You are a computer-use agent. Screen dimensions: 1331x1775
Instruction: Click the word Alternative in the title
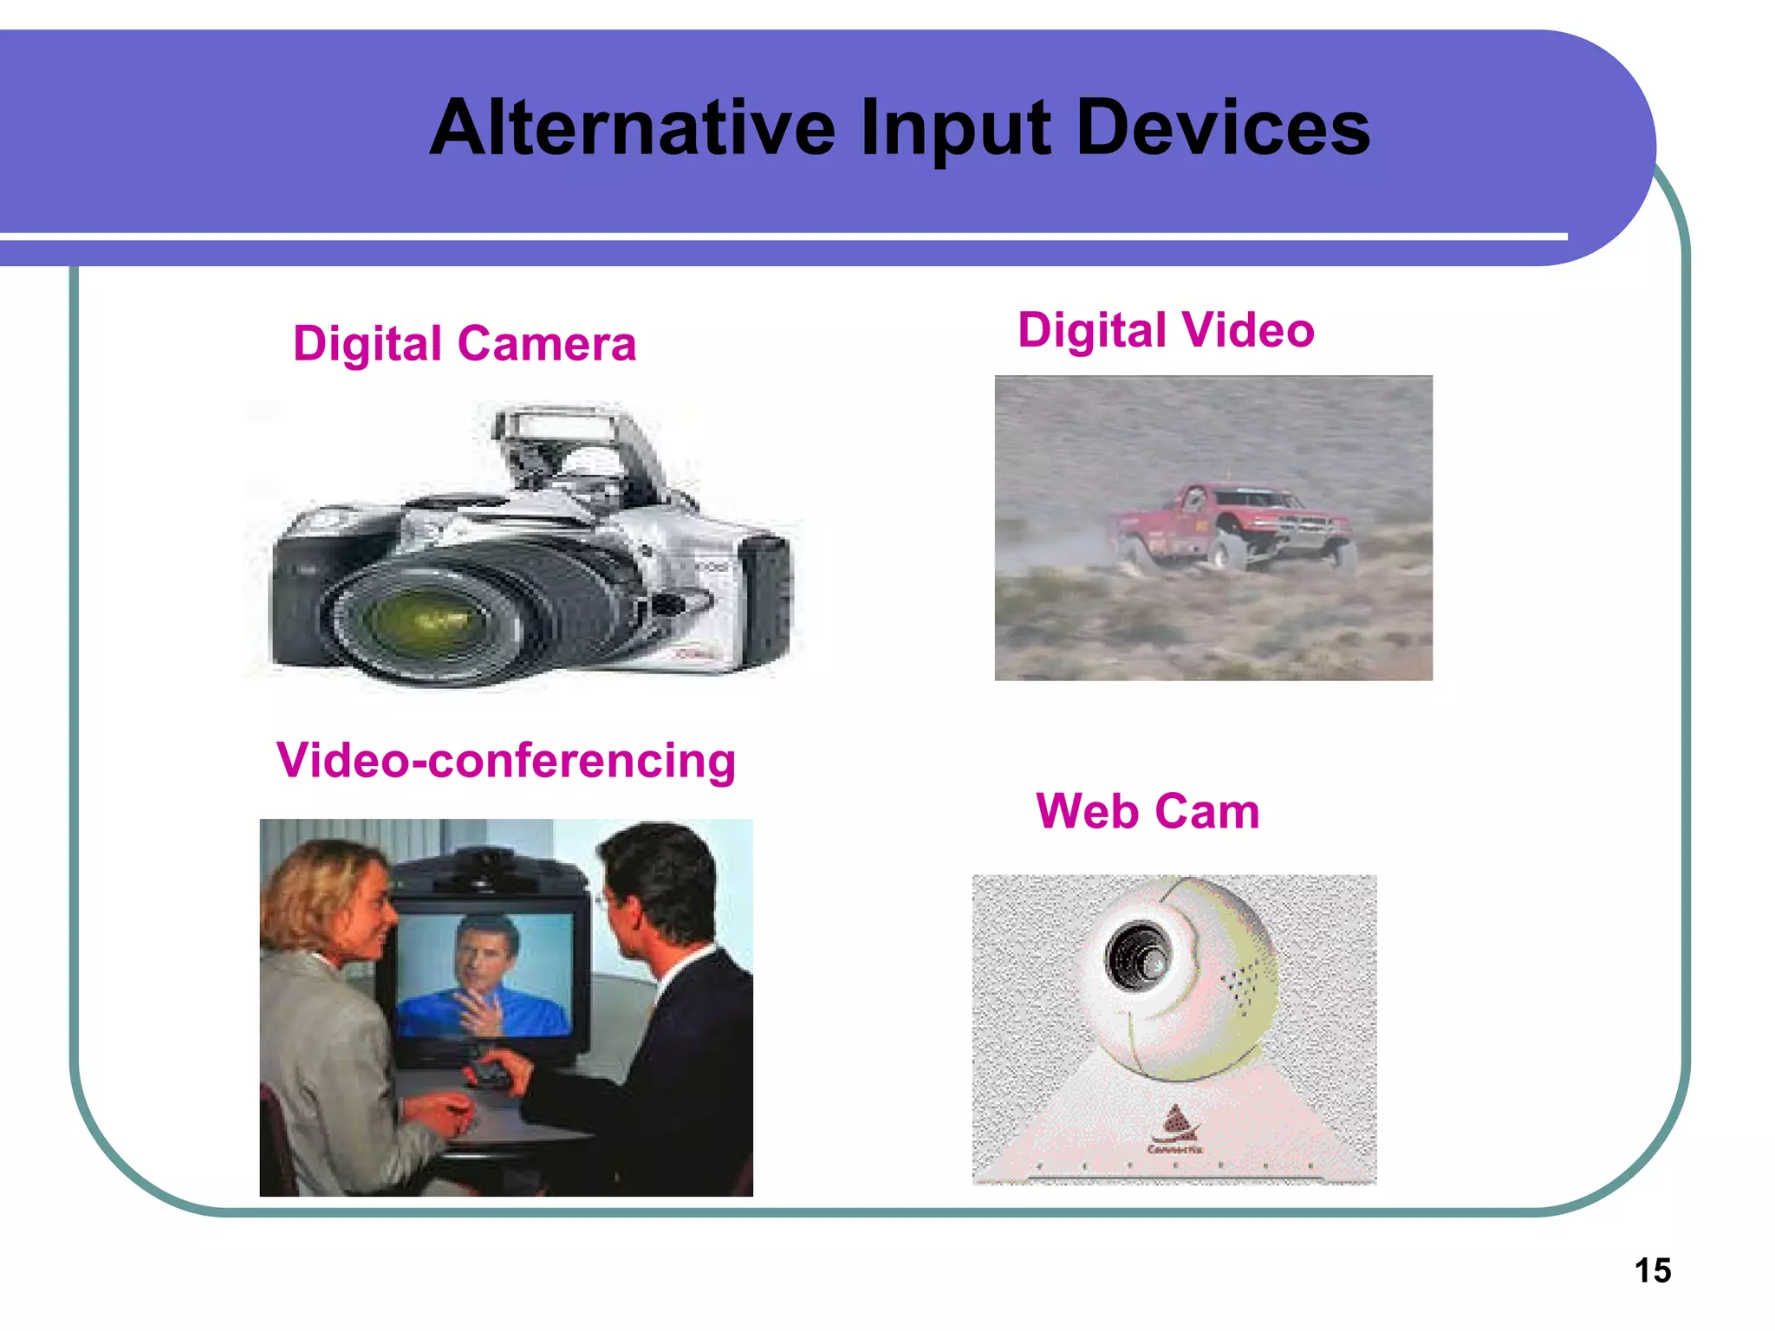coord(632,128)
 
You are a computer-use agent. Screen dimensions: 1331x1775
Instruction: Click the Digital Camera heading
coord(465,343)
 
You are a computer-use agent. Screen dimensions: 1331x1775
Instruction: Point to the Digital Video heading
coord(1166,330)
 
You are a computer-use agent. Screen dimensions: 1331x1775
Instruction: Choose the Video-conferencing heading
coord(506,760)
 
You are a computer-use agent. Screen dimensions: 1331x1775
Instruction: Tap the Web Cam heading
coord(1148,811)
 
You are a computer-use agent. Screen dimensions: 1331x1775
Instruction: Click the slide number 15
coord(1652,1270)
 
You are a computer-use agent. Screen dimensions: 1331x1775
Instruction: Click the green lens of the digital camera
coord(424,619)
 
